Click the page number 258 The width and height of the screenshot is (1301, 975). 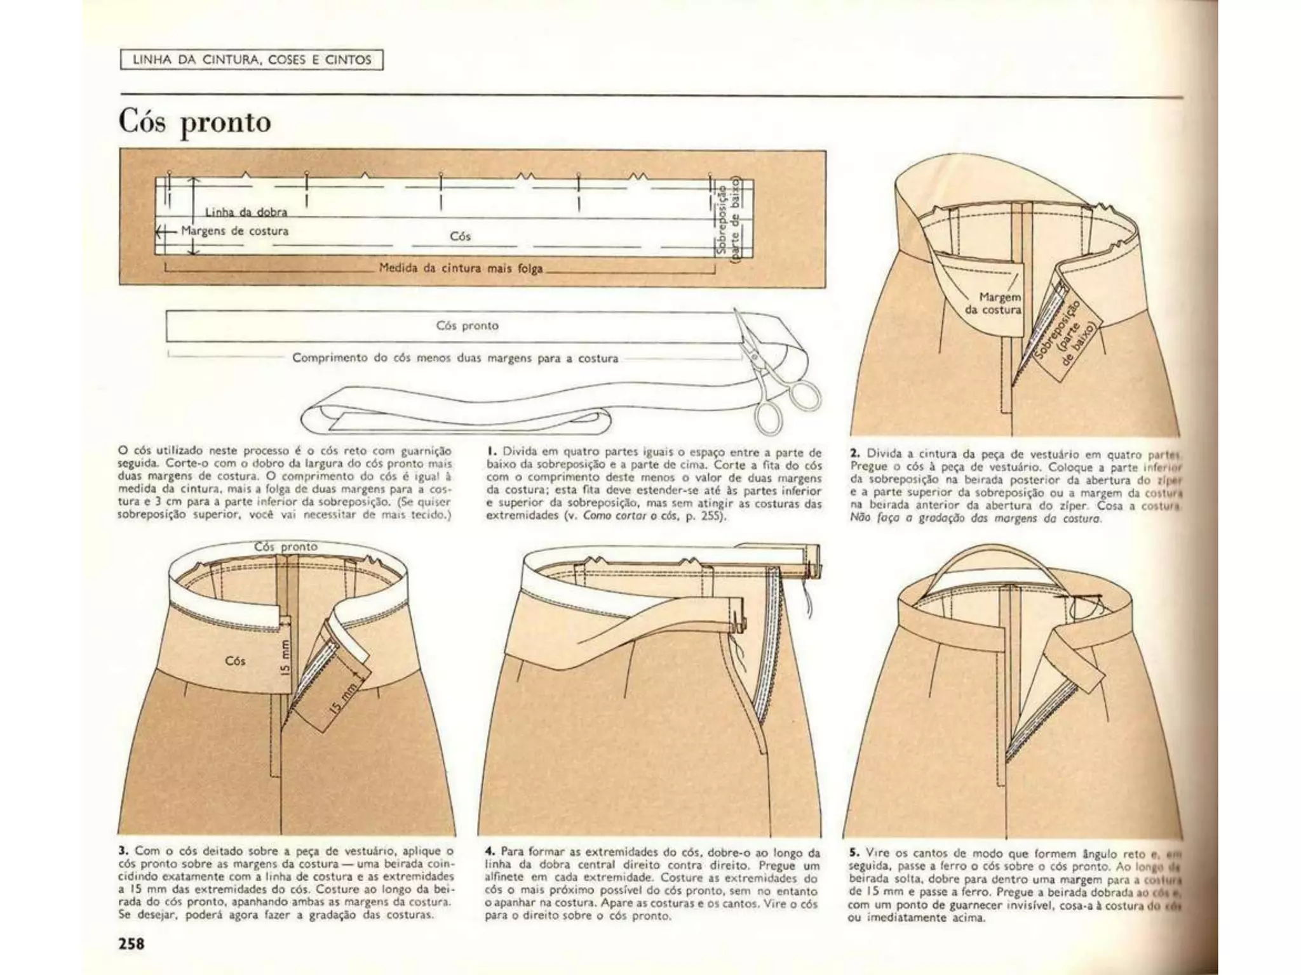131,944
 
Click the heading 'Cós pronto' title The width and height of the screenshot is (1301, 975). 194,122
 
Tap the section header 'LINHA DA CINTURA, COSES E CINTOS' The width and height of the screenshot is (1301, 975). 252,60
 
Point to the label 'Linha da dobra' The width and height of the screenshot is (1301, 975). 246,212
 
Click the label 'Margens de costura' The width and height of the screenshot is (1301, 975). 234,231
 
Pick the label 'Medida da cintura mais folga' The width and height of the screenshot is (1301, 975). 461,268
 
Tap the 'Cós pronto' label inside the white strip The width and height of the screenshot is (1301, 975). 467,326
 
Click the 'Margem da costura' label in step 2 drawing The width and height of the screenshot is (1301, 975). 993,303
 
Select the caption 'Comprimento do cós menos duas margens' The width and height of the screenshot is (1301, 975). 455,358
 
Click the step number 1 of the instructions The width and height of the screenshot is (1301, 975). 490,453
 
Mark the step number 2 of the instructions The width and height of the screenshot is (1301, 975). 854,453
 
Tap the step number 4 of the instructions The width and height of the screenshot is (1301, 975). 489,851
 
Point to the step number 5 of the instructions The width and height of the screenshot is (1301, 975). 854,853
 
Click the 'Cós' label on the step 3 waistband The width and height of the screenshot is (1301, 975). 235,661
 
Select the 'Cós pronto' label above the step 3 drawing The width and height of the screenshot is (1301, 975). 285,547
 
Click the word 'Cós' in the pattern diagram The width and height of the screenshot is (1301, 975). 460,236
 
